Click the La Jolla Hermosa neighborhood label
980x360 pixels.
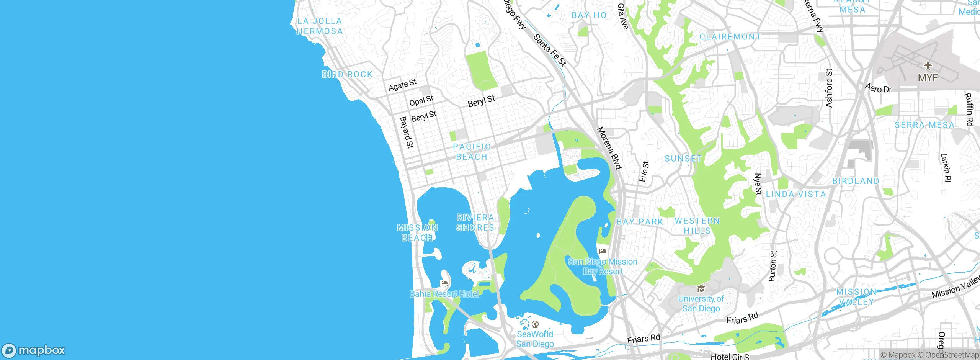(320, 26)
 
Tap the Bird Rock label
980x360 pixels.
(347, 74)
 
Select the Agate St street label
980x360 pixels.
(402, 85)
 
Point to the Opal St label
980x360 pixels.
(421, 101)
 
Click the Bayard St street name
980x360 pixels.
(406, 133)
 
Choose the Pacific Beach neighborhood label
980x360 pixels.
(472, 152)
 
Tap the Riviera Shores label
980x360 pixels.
(475, 223)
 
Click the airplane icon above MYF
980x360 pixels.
(928, 65)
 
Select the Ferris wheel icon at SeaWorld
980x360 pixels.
(535, 325)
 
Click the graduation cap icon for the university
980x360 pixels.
(701, 289)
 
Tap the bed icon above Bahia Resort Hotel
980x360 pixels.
(444, 283)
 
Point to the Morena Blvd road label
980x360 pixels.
(609, 148)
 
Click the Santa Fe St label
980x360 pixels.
(550, 50)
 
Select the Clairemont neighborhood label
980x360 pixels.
(730, 37)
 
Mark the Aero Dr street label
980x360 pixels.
(879, 88)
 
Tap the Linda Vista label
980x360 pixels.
(795, 195)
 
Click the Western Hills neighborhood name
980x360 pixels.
(697, 226)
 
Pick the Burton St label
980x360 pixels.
(773, 266)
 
